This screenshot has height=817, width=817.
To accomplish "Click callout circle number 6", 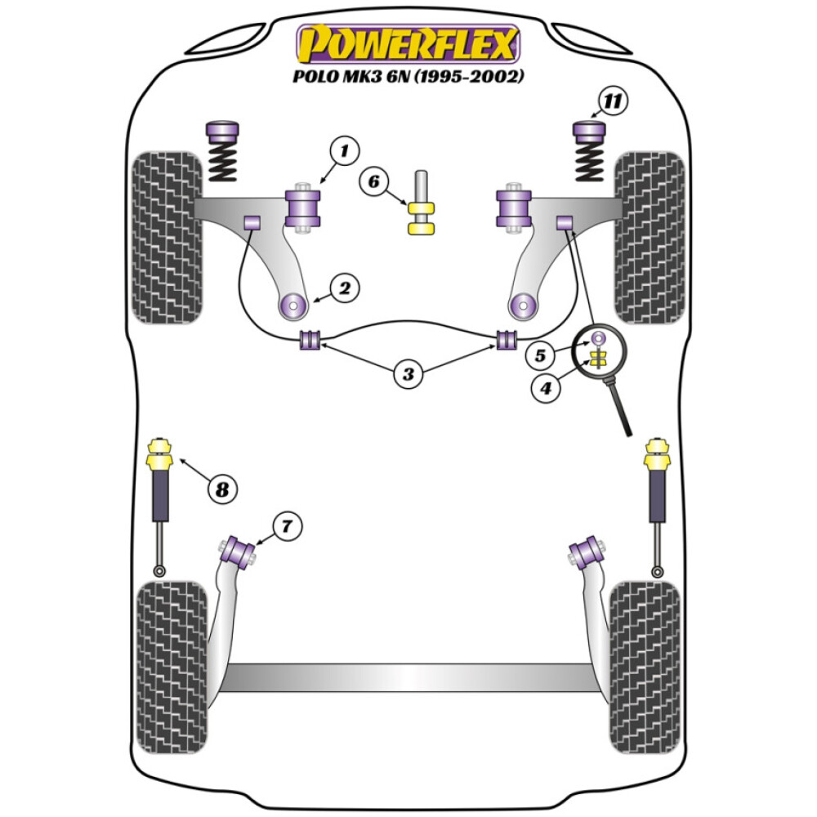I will tap(374, 181).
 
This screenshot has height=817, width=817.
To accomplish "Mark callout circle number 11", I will tap(613, 102).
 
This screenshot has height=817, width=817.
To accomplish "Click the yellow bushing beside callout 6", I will tap(422, 217).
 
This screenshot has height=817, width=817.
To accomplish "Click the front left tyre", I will tap(167, 237).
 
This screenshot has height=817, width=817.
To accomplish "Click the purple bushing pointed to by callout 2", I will tap(292, 306).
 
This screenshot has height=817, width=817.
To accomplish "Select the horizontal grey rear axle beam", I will tap(408, 676).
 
